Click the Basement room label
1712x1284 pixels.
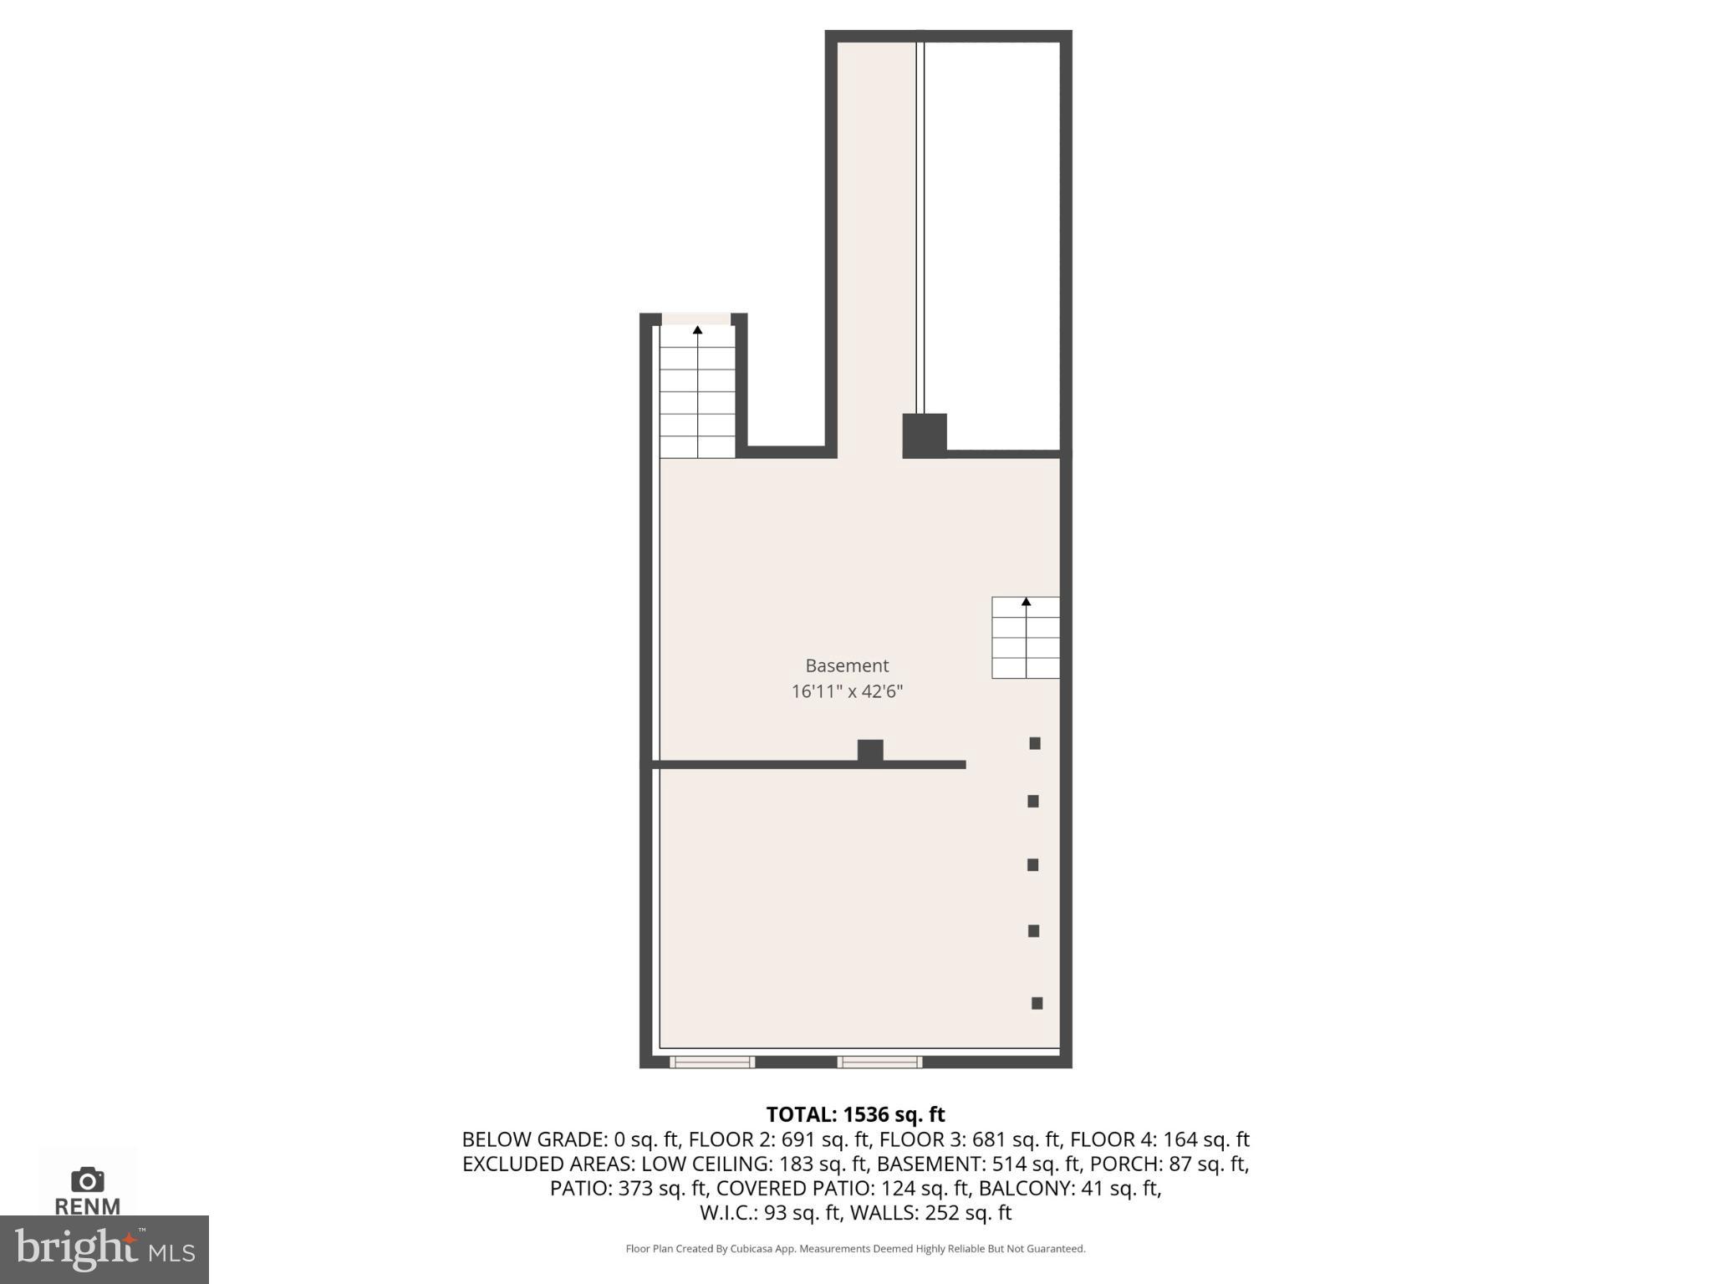[846, 665]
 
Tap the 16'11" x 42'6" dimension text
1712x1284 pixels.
[847, 691]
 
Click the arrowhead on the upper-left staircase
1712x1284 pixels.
[697, 330]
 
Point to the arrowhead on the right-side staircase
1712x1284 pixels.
[1026, 602]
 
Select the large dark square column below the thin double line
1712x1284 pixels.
[924, 436]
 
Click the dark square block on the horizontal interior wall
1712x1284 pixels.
[869, 751]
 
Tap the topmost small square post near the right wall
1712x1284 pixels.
[1034, 743]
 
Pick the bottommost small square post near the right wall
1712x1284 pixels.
[1037, 1003]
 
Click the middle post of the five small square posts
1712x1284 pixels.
[1032, 865]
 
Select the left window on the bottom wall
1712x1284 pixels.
[711, 1062]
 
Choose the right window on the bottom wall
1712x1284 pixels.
[879, 1062]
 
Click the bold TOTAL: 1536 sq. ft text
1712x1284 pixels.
[855, 1114]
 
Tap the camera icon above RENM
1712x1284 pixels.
[87, 1180]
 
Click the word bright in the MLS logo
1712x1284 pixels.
[75, 1248]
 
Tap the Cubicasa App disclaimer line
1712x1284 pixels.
[855, 1249]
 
